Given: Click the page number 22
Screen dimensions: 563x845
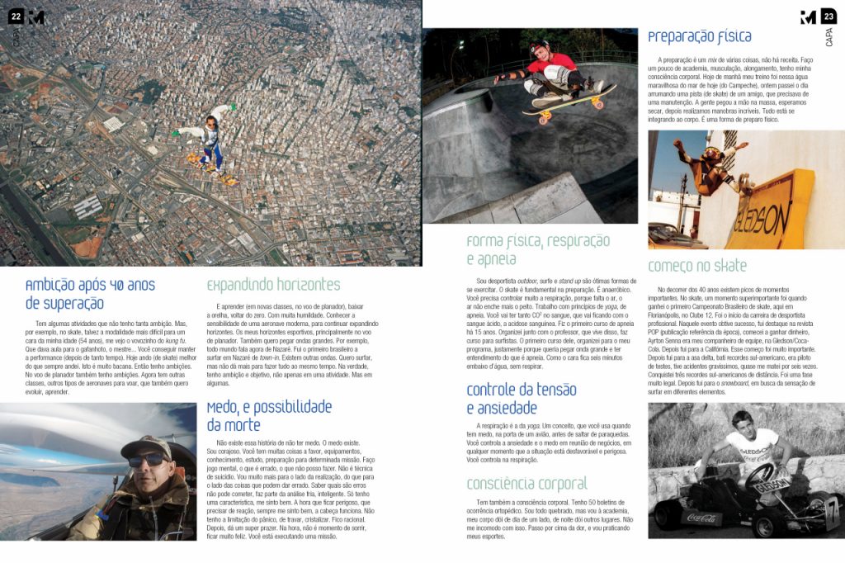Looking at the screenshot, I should tap(16, 17).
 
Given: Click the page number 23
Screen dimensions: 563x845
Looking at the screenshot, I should tap(828, 17).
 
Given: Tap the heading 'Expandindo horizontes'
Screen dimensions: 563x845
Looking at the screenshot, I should tap(272, 285).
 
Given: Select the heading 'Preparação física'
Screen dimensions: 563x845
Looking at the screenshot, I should tap(699, 37).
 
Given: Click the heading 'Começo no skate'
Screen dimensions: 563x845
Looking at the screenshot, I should tap(696, 266).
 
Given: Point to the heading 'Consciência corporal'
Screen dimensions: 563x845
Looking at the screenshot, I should tap(526, 484).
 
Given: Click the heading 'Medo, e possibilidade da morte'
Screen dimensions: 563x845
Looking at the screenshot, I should tap(268, 415).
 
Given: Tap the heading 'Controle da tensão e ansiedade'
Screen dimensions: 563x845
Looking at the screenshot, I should tap(521, 399).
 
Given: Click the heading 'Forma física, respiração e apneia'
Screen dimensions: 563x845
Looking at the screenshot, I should tap(537, 249).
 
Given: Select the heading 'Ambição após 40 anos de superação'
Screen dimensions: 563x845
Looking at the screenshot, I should tap(90, 294).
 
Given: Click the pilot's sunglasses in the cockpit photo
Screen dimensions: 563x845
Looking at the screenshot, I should tap(146, 459).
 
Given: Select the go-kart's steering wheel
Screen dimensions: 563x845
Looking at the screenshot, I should tap(760, 475).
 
